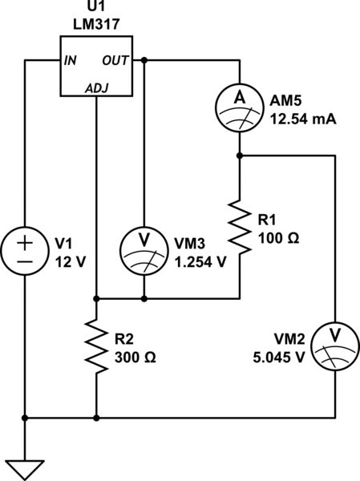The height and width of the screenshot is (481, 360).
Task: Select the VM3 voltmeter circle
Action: pos(144,250)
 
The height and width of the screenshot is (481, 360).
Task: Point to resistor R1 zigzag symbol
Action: pos(240,224)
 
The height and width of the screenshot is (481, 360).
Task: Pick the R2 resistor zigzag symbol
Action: pos(96,346)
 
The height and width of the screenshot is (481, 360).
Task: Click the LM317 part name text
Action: pos(95,25)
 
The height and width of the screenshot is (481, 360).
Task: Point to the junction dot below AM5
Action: pos(240,156)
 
